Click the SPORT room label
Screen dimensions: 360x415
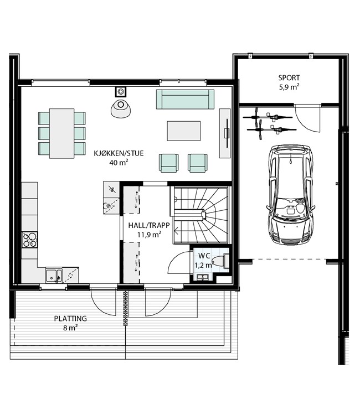(x=289, y=78)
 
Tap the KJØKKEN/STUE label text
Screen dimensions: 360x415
(x=119, y=153)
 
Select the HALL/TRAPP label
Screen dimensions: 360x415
(x=149, y=226)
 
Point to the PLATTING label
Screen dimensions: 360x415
(x=70, y=318)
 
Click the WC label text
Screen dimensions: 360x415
(x=204, y=256)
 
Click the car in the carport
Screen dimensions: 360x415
(x=291, y=195)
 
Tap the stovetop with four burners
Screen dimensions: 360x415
(x=30, y=240)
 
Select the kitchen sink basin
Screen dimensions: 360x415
(x=54, y=275)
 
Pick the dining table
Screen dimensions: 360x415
(x=61, y=133)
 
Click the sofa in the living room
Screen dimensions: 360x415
(x=185, y=99)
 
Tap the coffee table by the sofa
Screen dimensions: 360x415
(x=183, y=131)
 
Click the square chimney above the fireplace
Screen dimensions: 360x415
(x=121, y=92)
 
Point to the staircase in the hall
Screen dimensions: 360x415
(x=200, y=215)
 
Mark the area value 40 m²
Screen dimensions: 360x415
(x=119, y=162)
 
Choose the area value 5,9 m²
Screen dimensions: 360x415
(x=289, y=87)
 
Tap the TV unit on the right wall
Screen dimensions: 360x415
(x=225, y=133)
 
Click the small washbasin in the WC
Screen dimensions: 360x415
(x=202, y=277)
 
